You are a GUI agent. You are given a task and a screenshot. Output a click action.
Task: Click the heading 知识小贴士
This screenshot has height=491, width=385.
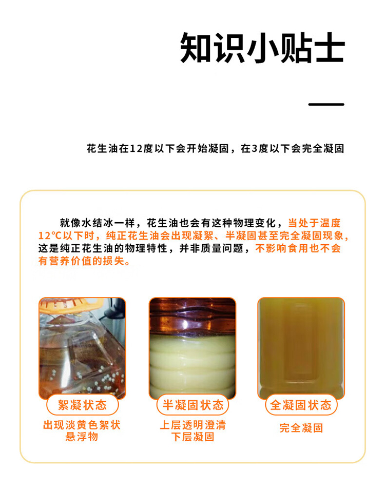coord(262,48)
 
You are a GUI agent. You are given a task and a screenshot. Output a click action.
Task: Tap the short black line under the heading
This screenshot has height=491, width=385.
coord(326,104)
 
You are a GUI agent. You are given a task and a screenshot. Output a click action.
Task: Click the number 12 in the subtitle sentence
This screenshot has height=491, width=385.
coord(136,148)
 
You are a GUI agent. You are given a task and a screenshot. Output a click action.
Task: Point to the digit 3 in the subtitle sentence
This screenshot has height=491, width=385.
coord(255,148)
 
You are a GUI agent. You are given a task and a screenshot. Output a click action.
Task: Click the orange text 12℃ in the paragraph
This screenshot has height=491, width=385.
coord(50,236)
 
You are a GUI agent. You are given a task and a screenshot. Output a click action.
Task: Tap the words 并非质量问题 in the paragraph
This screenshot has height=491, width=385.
coord(211,248)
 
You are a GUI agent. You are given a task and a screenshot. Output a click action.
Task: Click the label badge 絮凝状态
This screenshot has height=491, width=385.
coord(82,405)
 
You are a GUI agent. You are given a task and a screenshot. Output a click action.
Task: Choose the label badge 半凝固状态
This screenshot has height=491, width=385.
coord(192,405)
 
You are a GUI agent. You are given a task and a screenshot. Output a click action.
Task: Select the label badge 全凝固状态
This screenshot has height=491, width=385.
coord(301,405)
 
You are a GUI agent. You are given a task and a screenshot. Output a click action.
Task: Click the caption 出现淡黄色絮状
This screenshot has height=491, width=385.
coord(82,425)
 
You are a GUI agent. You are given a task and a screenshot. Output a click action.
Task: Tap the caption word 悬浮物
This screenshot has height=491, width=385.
coord(82,437)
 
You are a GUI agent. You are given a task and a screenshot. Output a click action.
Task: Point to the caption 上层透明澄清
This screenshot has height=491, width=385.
coord(192,425)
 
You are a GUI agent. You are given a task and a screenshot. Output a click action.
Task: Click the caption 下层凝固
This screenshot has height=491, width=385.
coord(192,437)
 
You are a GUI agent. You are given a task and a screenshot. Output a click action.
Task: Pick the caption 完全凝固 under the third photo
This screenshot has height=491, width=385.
coord(301,428)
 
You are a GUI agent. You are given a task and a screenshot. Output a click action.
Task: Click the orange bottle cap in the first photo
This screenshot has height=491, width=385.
coord(71,305)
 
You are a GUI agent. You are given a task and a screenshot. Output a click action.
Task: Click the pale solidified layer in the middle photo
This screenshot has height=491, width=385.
coord(192,367)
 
